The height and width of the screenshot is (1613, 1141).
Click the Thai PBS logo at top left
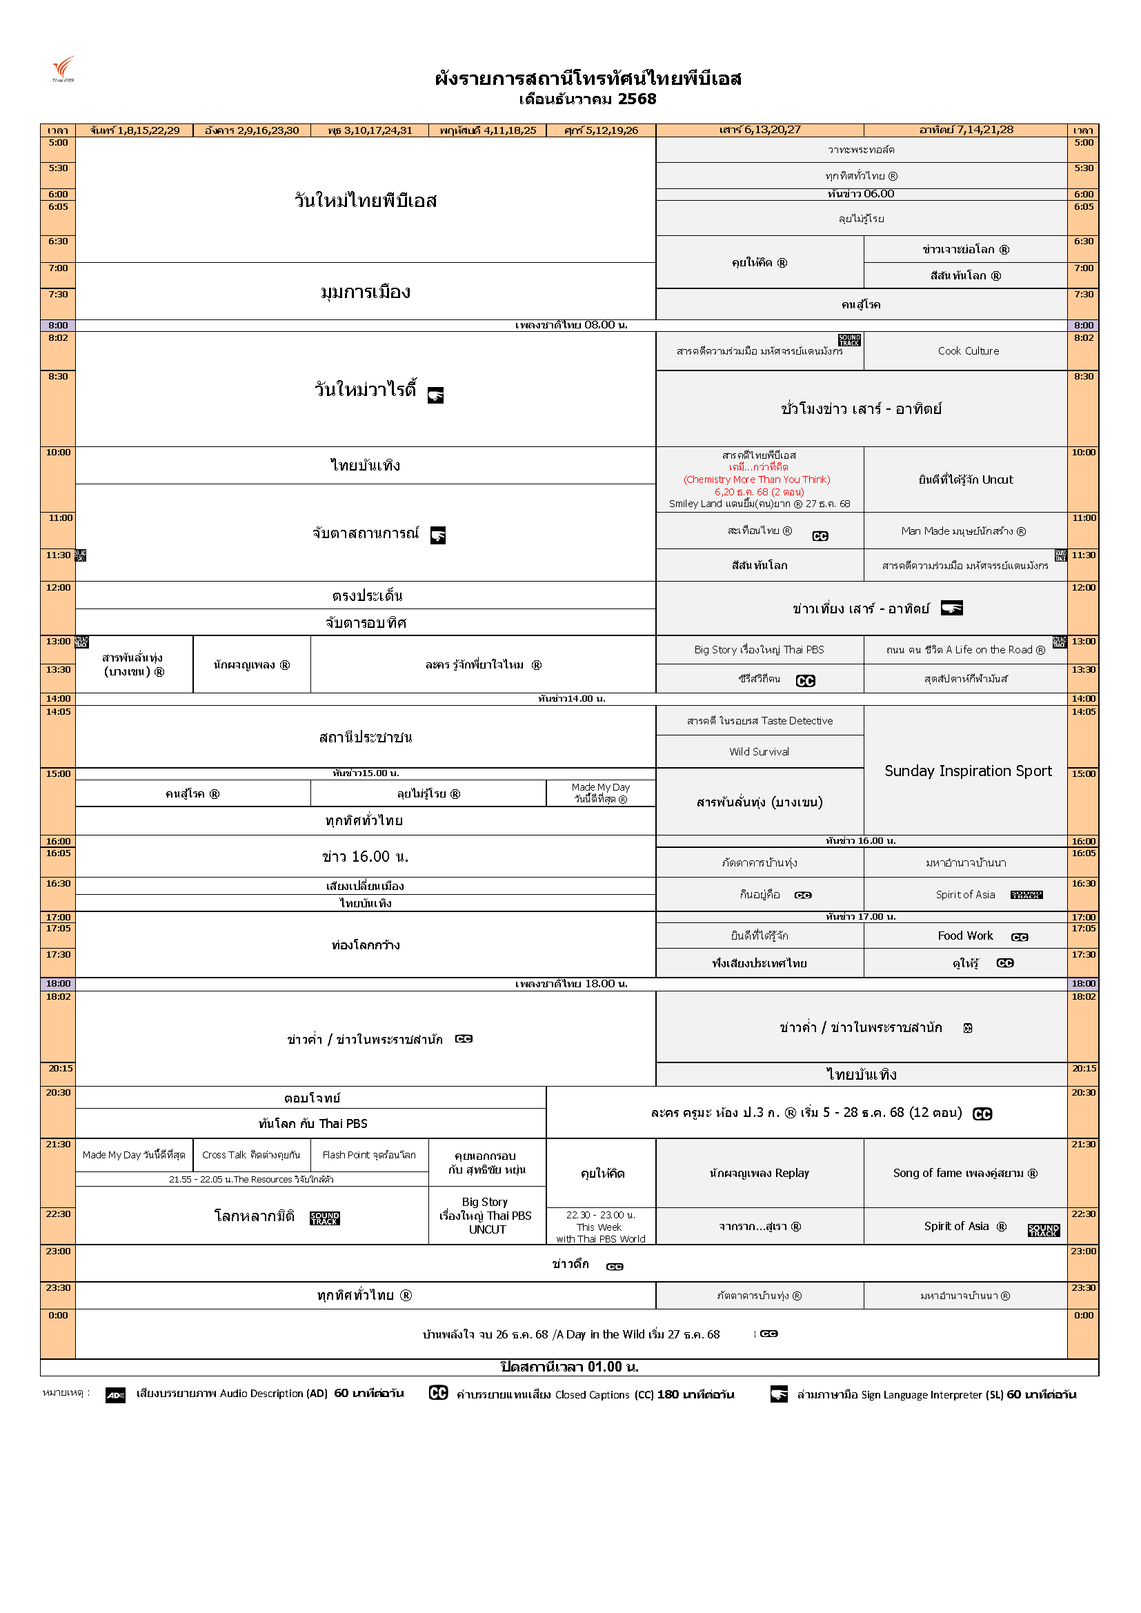point(63,69)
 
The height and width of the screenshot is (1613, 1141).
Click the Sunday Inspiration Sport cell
point(967,771)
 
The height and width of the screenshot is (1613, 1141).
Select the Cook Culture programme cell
point(967,351)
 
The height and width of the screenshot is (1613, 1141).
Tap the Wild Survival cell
point(759,752)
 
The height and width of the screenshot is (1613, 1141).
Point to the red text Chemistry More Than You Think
point(757,479)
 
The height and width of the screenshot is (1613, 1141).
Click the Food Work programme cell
point(965,936)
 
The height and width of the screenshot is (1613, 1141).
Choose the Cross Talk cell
point(251,1155)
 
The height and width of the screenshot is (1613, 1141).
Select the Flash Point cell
point(369,1155)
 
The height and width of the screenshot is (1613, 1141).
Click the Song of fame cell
point(964,1174)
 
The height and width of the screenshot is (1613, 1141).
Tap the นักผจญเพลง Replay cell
point(759,1174)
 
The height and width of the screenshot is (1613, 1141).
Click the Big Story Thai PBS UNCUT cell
point(486,1216)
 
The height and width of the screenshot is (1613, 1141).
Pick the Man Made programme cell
point(963,531)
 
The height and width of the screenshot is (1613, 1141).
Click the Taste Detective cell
point(760,721)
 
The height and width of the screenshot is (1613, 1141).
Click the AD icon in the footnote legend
point(115,1395)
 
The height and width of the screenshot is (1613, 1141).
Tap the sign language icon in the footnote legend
point(778,1394)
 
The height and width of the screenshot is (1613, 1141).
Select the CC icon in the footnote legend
point(438,1393)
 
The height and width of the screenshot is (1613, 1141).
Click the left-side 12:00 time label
point(59,588)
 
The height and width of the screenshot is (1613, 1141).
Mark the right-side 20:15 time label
point(1083,1069)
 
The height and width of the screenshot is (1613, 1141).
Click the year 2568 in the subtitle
point(637,99)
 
